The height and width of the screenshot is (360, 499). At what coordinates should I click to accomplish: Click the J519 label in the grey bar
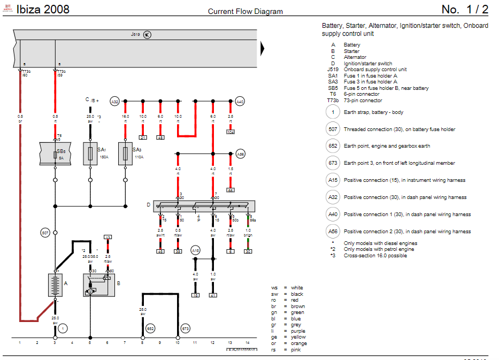(135, 34)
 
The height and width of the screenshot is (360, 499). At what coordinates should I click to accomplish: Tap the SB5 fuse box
(55, 154)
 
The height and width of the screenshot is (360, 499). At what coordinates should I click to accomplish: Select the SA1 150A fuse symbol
(90, 154)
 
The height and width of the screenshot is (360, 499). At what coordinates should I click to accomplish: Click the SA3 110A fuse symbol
(125, 154)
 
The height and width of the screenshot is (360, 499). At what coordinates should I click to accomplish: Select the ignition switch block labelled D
(203, 206)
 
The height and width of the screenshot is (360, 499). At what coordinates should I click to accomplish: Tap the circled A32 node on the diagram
(114, 101)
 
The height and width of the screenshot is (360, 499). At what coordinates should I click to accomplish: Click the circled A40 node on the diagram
(240, 101)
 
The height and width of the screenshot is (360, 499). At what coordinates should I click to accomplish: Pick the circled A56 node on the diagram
(240, 154)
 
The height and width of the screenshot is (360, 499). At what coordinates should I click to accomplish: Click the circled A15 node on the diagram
(196, 250)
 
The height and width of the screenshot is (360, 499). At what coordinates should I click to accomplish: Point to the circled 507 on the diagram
(45, 233)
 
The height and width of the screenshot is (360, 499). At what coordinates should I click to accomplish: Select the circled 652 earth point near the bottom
(151, 328)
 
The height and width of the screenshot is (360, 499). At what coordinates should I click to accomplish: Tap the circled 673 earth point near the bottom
(186, 328)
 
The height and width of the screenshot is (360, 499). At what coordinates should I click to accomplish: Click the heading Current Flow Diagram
(245, 11)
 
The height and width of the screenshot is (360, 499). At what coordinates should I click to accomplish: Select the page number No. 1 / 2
(465, 10)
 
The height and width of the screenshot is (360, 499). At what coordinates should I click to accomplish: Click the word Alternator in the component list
(355, 57)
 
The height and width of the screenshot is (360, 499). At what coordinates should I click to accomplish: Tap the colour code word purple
(298, 331)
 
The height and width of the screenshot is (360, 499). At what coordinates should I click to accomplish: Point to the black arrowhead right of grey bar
(263, 49)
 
